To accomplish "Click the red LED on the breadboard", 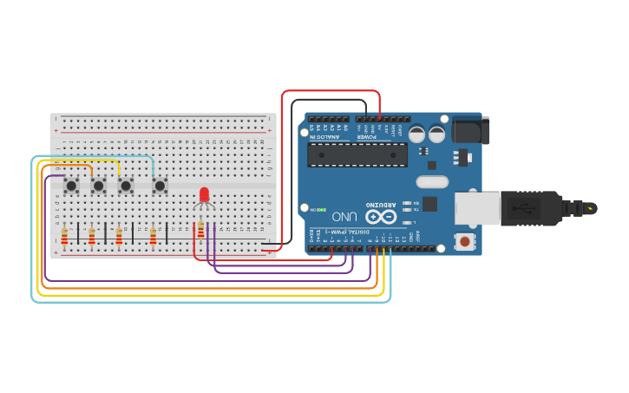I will click(x=205, y=195).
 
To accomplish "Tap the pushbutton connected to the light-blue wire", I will click(x=160, y=185).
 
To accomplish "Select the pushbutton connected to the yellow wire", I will click(x=126, y=185).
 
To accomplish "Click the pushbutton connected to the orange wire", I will click(x=98, y=185).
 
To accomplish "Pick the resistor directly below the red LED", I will click(x=201, y=230).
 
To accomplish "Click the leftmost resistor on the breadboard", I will click(x=64, y=236).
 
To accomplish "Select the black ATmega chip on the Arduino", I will click(x=357, y=154).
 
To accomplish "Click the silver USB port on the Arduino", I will click(x=477, y=208).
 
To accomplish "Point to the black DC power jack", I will click(x=471, y=130).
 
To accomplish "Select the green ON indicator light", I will click(x=322, y=209).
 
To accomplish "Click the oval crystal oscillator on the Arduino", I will click(x=431, y=182).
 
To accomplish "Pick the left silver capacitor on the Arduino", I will click(x=417, y=134).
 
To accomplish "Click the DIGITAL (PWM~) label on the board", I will click(x=349, y=233).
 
